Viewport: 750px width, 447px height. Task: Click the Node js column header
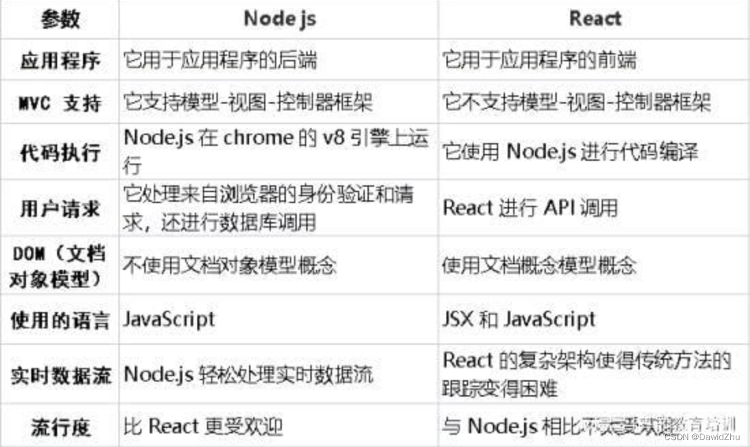click(x=279, y=18)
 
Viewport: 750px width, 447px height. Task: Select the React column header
click(x=595, y=18)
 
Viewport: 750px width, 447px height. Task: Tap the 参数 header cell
click(x=61, y=19)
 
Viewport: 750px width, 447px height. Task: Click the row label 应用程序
click(x=61, y=61)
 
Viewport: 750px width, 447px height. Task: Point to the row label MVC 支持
click(x=61, y=103)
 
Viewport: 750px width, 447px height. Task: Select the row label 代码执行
click(x=61, y=153)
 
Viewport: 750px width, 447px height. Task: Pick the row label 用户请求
click(x=61, y=207)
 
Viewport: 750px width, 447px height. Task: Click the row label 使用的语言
click(x=61, y=320)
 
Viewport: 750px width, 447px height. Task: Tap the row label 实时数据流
click(x=61, y=375)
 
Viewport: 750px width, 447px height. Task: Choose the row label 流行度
click(x=61, y=428)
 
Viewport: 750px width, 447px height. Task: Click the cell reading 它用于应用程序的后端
click(x=220, y=61)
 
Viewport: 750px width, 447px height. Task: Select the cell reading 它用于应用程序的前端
click(x=540, y=61)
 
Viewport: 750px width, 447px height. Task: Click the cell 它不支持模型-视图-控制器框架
click(x=576, y=102)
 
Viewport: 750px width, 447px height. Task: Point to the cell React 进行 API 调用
click(x=530, y=207)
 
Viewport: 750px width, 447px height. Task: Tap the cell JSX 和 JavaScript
click(x=519, y=319)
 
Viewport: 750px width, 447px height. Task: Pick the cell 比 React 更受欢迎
click(x=203, y=427)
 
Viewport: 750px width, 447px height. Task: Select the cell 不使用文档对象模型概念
click(x=229, y=264)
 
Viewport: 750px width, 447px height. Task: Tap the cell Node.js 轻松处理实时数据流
click(x=248, y=374)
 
